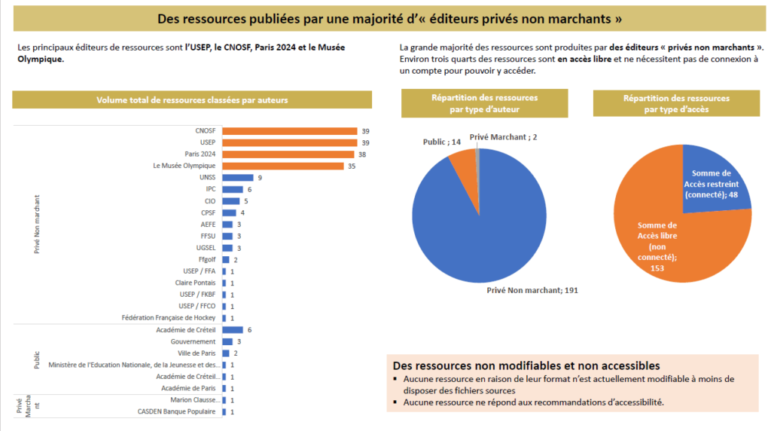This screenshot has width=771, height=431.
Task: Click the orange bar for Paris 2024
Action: pos(288,154)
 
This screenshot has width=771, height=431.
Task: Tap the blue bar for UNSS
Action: pos(237,177)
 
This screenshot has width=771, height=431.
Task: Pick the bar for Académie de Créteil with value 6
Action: pos(232,330)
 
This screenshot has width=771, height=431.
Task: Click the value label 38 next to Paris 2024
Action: pos(362,154)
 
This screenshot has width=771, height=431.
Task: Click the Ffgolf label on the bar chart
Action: pos(207,259)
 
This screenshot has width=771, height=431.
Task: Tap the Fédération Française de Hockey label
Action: pos(169,318)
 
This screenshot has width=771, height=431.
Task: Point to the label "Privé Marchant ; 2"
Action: pos(502,137)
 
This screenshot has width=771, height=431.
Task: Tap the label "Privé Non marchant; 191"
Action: pos(532,289)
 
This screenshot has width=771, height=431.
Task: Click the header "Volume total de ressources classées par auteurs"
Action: pos(192,99)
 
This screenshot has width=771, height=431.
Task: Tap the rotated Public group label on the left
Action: pos(37,359)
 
